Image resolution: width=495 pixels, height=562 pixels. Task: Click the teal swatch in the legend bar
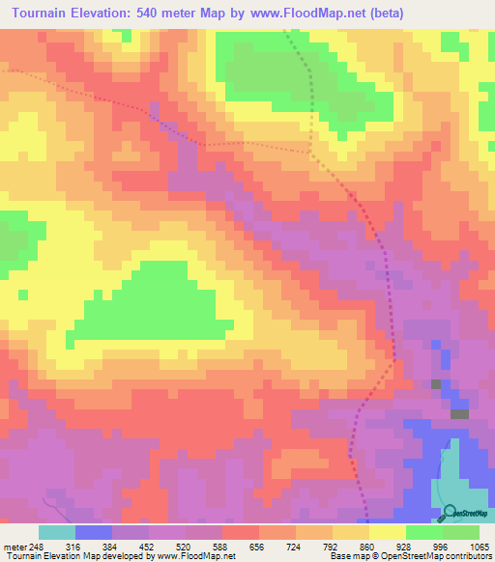click(57, 532)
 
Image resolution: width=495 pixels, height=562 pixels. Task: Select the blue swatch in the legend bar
click(94, 532)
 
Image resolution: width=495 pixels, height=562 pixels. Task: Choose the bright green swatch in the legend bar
click(423, 532)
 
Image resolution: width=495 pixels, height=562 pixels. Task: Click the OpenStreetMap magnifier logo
click(450, 513)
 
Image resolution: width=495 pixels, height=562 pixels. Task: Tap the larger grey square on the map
click(458, 413)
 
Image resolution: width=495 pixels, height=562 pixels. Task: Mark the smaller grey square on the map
click(436, 384)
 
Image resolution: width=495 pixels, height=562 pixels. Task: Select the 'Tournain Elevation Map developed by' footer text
click(70, 556)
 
